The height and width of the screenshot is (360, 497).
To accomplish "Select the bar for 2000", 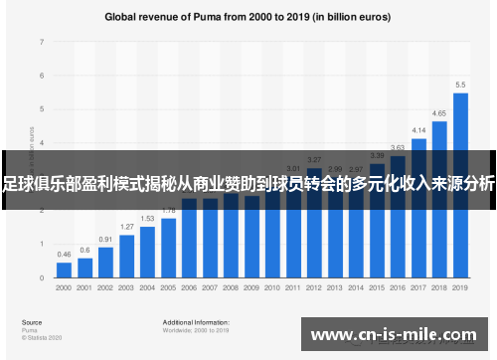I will pos(64,270).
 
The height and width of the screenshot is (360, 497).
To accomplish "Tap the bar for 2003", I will pos(126,256).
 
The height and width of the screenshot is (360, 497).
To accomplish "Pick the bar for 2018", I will pos(439,199).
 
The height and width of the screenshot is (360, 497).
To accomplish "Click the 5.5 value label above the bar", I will pos(460,85).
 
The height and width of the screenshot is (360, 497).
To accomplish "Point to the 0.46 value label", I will pos(64,256).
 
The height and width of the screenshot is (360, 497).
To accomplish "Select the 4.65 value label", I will pos(439,114).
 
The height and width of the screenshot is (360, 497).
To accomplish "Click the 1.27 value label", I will pos(126,227).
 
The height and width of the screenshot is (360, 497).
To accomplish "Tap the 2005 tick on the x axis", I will pos(168,287).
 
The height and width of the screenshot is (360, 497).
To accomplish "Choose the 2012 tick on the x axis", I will pos(314,287).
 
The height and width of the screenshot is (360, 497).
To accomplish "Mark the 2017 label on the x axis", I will pos(418,287).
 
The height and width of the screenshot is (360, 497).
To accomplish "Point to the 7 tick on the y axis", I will pos(42,43).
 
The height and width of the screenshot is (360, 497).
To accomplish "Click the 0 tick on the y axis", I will pos(42,277).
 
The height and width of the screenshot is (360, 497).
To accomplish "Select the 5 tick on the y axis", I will pos(42,109).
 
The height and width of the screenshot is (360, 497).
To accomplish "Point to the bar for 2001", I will pos(84,268).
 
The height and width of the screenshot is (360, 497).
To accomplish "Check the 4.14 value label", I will pos(418,130).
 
